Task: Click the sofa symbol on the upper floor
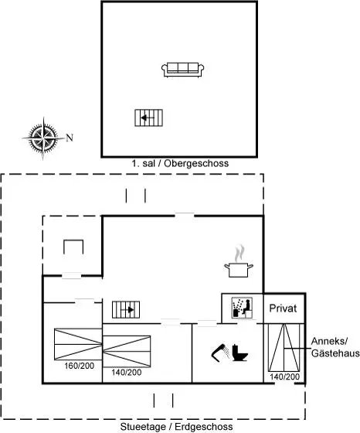[182, 70]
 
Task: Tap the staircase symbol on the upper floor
[148, 118]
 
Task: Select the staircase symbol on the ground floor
[126, 309]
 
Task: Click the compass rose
[43, 138]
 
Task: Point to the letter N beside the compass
[70, 138]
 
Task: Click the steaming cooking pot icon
[239, 261]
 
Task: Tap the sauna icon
[242, 308]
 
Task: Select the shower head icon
[220, 353]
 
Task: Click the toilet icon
[239, 353]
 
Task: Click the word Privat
[283, 309]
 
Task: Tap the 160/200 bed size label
[79, 366]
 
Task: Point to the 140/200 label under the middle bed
[127, 372]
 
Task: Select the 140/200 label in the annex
[284, 377]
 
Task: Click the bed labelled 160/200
[78, 344]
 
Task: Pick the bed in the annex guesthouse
[284, 348]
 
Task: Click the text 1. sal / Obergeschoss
[180, 163]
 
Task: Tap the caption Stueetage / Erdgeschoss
[177, 427]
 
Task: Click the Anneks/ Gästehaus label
[335, 347]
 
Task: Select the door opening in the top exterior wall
[185, 216]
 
